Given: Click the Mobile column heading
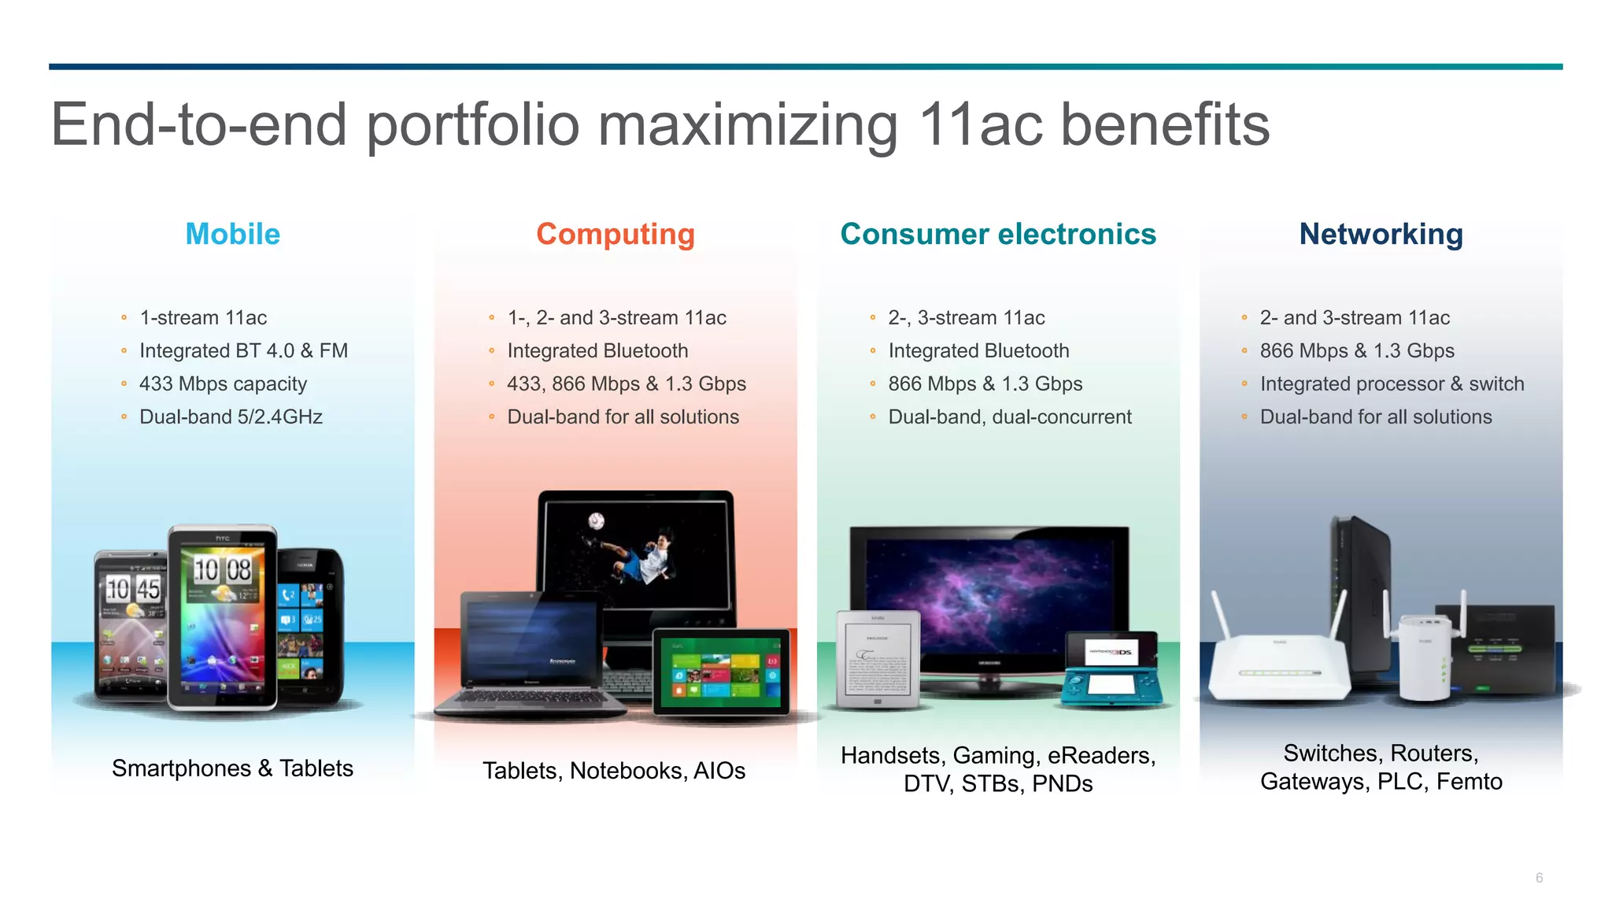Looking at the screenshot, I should [232, 234].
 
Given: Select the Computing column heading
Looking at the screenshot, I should [615, 234].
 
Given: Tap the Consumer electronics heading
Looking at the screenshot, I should [997, 234].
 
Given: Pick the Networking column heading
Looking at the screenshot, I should [1381, 234].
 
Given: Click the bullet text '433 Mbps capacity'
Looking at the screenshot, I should [223, 384].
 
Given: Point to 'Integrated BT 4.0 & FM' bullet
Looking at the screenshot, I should [243, 351].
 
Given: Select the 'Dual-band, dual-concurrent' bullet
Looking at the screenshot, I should [1009, 417].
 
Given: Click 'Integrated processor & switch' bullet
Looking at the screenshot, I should [1391, 384].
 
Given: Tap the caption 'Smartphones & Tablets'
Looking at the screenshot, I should [232, 768].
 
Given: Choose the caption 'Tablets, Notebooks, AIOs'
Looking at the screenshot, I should [614, 771].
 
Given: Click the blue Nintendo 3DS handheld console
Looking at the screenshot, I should [1111, 669].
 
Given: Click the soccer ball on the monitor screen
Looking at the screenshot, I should [597, 520].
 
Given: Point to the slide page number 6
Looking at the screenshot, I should [1539, 878].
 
